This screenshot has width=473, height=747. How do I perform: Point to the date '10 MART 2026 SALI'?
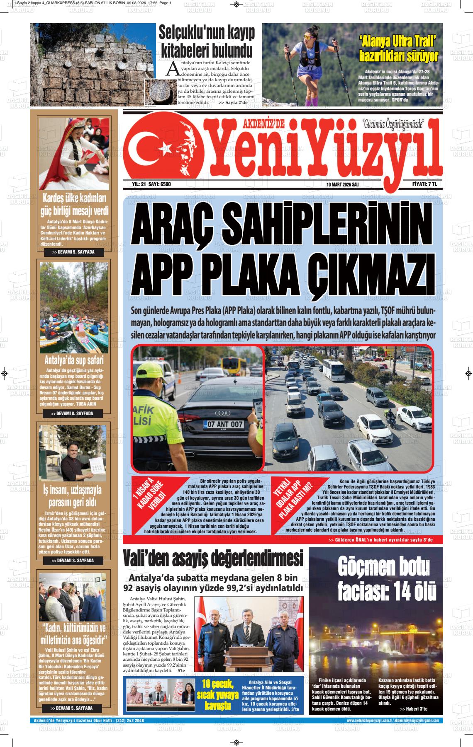coord(343,184)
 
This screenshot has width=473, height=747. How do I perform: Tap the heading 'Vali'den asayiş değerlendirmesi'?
coord(213,559)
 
